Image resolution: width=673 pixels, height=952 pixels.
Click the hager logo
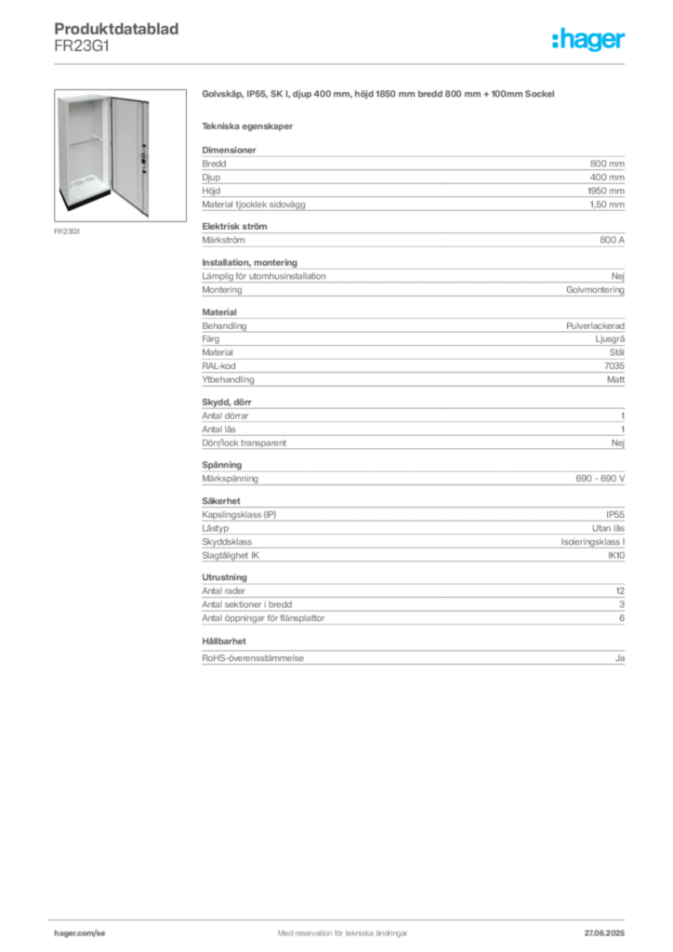click(587, 40)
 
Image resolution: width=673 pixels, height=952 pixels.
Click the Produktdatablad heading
click(116, 29)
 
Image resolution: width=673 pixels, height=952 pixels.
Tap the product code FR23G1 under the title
click(82, 46)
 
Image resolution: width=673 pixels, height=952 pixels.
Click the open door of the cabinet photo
click(130, 155)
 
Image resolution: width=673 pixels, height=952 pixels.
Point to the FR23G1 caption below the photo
click(67, 231)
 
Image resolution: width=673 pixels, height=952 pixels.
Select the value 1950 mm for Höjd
click(606, 191)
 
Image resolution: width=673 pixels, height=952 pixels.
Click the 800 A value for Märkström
click(612, 240)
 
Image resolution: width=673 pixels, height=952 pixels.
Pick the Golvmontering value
click(595, 290)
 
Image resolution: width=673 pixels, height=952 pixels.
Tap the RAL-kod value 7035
click(614, 365)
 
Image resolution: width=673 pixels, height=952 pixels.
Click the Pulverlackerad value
click(595, 325)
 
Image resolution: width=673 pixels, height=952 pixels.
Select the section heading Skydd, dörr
click(227, 402)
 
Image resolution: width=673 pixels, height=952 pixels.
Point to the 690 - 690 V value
click(600, 479)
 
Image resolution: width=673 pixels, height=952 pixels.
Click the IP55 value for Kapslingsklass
click(614, 514)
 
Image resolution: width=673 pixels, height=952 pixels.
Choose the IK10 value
click(616, 555)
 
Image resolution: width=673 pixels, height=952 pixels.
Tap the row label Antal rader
click(223, 590)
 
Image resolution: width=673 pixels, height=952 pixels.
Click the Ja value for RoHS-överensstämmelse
click(620, 657)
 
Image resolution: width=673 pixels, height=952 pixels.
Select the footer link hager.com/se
click(80, 933)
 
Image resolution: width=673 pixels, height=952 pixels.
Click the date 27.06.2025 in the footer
click(604, 933)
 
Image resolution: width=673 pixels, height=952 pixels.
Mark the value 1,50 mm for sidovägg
click(607, 205)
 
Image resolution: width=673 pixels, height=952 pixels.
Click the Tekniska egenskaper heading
click(247, 126)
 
